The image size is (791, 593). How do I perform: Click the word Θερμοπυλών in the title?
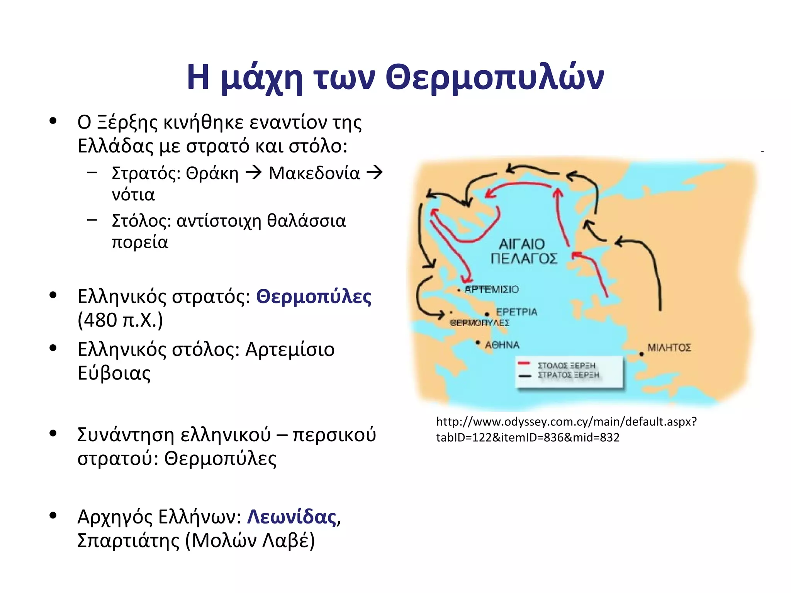[x=495, y=77]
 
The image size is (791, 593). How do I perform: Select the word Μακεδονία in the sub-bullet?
[x=314, y=173]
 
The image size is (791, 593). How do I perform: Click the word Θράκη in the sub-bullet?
[x=212, y=173]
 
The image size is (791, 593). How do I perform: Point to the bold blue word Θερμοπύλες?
[x=314, y=296]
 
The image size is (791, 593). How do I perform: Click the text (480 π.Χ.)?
[x=120, y=320]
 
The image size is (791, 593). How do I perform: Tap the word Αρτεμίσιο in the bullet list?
[x=290, y=349]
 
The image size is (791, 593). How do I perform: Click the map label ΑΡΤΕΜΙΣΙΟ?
[x=492, y=290]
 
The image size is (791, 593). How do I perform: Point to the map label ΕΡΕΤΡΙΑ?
[x=516, y=312]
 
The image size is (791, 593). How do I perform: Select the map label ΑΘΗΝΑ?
[x=502, y=345]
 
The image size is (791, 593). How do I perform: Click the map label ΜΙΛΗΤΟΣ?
[x=669, y=347]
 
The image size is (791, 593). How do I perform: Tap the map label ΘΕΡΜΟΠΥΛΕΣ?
[x=479, y=323]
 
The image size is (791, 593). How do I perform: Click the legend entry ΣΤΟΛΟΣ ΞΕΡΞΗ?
[x=566, y=365]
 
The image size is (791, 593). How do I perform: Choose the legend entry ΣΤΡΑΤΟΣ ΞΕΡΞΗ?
[x=568, y=375]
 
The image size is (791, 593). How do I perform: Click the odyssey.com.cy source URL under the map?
[x=566, y=429]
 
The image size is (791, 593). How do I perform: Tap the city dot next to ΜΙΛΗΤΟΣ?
[x=641, y=354]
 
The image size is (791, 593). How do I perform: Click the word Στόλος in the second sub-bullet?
[x=141, y=221]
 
